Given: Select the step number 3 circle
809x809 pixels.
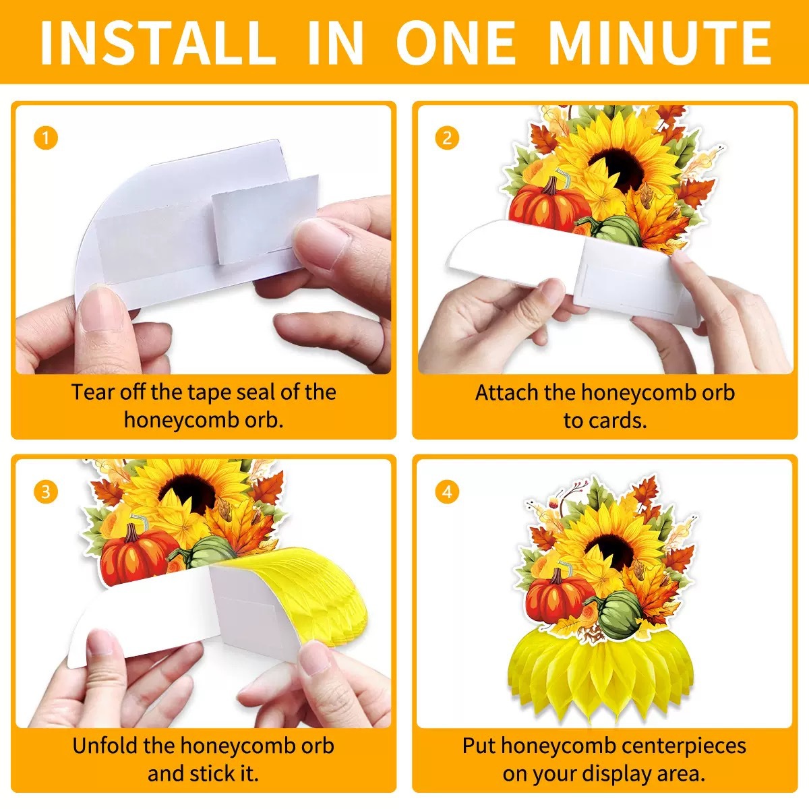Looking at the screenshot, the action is tap(45, 491).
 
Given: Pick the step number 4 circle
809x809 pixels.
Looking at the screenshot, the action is tap(447, 491).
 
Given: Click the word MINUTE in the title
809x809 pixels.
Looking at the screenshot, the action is tap(659, 43).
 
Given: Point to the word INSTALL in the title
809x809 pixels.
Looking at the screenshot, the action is tap(156, 43).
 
